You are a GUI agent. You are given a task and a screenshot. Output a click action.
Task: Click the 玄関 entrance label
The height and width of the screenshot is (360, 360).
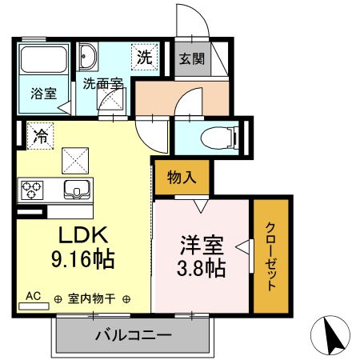(x=190, y=58)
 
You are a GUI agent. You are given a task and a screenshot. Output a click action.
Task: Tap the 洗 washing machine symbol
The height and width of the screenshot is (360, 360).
(x=144, y=58)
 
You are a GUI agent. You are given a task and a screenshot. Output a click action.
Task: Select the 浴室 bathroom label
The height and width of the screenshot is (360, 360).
(x=43, y=93)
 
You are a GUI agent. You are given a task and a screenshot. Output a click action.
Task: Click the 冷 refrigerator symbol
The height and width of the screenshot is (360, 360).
(x=39, y=136)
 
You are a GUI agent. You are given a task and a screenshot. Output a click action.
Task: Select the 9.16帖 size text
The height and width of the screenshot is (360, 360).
(x=82, y=259)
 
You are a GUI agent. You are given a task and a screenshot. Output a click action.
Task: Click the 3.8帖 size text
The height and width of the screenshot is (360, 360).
(x=201, y=268)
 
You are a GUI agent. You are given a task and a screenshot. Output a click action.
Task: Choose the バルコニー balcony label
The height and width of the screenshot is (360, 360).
(x=133, y=335)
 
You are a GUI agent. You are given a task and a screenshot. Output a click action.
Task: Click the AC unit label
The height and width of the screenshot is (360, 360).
(x=34, y=295)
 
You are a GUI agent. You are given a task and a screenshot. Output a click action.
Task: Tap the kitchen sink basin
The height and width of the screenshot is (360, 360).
(x=78, y=190)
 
